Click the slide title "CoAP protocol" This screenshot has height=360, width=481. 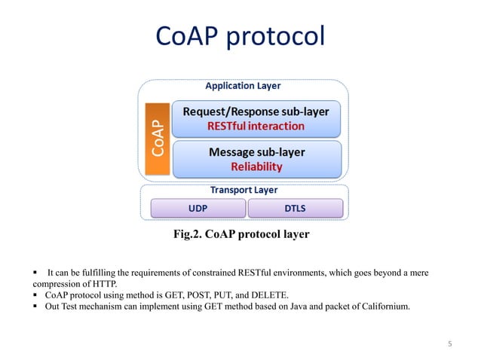click(240, 35)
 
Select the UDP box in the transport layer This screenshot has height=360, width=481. click(195, 207)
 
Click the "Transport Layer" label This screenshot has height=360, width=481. click(240, 190)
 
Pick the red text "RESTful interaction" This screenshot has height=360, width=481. click(256, 126)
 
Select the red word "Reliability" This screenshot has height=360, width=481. click(256, 166)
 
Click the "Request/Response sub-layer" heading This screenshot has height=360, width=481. click(257, 111)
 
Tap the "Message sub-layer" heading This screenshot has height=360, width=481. click(256, 152)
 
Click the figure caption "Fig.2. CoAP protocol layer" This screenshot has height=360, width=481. click(240, 234)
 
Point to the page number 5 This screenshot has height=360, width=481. click(449, 344)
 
